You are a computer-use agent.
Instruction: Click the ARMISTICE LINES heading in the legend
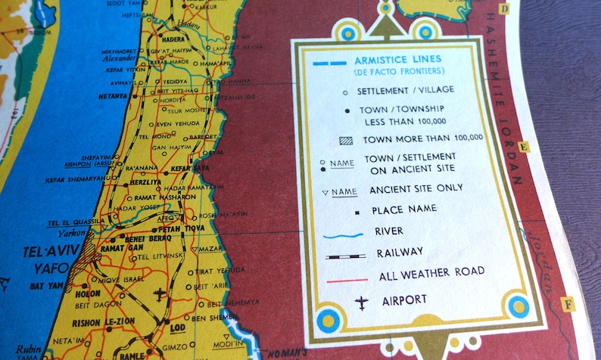point(397,59)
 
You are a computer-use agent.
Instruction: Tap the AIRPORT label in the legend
point(405,299)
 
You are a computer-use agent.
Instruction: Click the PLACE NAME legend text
point(398,209)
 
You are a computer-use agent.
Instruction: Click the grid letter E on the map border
point(524,147)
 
